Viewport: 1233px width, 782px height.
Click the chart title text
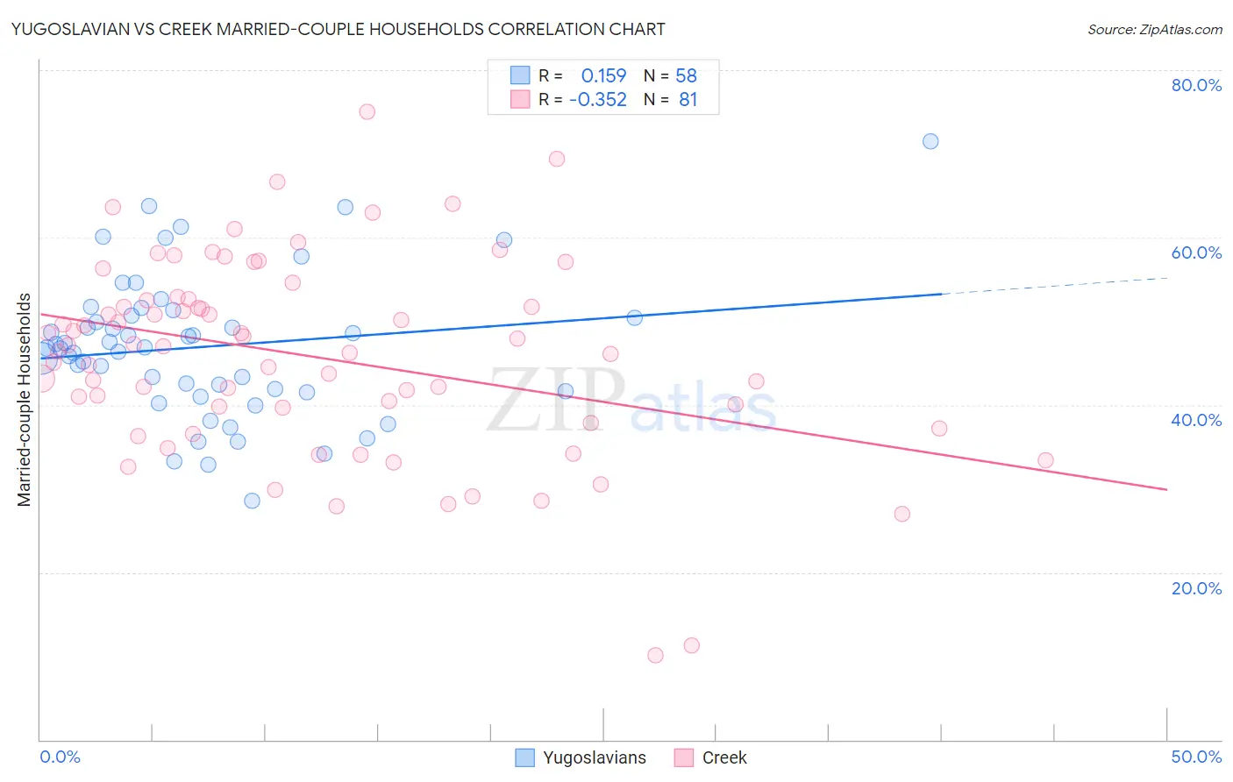[x=338, y=29]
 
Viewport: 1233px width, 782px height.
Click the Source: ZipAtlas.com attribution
[x=1154, y=29]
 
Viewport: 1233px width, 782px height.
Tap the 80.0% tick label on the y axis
[x=1196, y=85]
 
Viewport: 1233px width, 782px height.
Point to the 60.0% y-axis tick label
[x=1196, y=252]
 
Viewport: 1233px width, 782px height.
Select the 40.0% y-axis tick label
[x=1196, y=420]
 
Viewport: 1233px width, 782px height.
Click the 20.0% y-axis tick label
[x=1196, y=587]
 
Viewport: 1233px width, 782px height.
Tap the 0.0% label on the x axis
[x=60, y=757]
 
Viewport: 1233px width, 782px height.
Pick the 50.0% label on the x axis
[x=1196, y=757]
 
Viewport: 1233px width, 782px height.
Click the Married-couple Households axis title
[x=25, y=400]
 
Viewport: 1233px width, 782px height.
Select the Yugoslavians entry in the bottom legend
[x=594, y=757]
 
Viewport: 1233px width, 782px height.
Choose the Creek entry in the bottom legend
[x=723, y=757]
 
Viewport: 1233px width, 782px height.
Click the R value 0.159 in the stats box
[x=603, y=75]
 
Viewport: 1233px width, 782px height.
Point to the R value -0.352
[x=597, y=100]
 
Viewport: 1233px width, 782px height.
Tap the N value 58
[x=686, y=75]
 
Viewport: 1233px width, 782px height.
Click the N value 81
[x=688, y=100]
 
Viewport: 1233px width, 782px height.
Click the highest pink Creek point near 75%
[x=367, y=111]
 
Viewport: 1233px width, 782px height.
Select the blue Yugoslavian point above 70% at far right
[x=930, y=141]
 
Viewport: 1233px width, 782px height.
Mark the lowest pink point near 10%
[x=655, y=655]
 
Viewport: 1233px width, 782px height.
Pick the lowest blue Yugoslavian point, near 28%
[x=252, y=501]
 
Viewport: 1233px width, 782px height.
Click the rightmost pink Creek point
[x=1045, y=460]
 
